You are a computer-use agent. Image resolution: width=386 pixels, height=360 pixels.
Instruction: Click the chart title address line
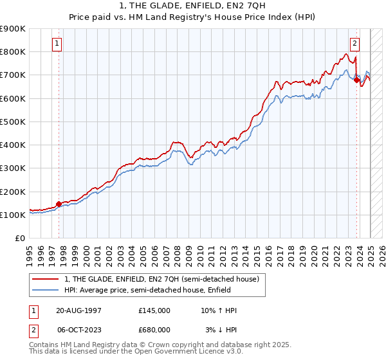[192, 6]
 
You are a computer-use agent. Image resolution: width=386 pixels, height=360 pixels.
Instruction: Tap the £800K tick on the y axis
[13, 52]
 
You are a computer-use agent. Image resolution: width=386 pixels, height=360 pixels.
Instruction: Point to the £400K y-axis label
[13, 145]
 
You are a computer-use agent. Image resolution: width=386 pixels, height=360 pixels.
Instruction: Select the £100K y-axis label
[13, 215]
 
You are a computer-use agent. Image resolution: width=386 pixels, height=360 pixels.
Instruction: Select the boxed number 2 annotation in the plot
[354, 44]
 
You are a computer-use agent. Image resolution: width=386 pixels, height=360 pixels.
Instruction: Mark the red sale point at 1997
[59, 204]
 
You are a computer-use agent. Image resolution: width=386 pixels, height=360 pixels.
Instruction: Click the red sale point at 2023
[357, 80]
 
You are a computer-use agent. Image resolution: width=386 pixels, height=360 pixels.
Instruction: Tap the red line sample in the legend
[46, 279]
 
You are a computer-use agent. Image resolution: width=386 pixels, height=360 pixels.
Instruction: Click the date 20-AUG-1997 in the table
[78, 310]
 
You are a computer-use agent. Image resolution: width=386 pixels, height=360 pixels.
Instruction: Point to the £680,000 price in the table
[154, 329]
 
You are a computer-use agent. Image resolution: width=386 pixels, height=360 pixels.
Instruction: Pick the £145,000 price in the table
[154, 310]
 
